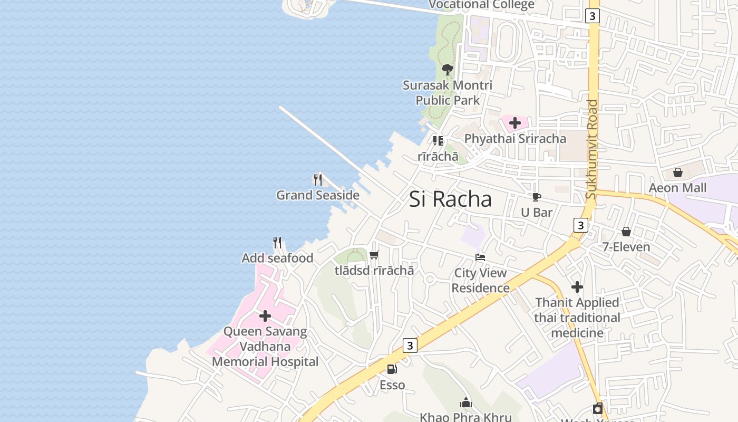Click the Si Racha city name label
[451, 199]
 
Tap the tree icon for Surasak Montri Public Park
[447, 69]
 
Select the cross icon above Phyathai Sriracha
[515, 123]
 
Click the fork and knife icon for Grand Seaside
[318, 180]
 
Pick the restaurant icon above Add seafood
[277, 243]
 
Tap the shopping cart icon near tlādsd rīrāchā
[374, 255]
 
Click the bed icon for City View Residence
[480, 257]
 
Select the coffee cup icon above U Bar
[536, 197]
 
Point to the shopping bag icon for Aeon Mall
[678, 172]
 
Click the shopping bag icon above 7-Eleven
[626, 232]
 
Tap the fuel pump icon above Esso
[392, 369]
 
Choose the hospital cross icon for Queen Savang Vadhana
[265, 316]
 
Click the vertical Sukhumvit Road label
[592, 149]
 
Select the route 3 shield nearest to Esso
[410, 346]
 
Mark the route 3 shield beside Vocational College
[593, 16]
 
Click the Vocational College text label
[481, 5]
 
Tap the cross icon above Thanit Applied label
[577, 287]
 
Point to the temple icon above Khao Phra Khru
[465, 403]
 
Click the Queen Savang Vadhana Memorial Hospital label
[265, 347]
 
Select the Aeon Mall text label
[677, 188]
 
